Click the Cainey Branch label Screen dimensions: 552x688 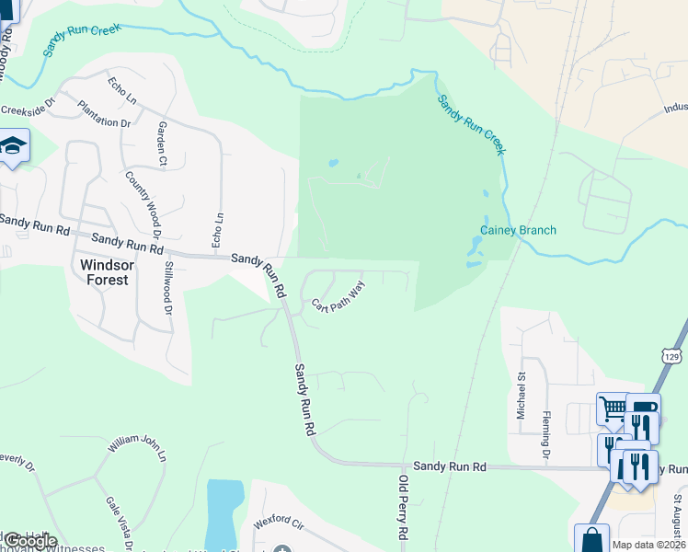(518, 230)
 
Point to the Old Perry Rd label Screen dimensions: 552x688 (402, 507)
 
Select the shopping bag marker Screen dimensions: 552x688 (591, 538)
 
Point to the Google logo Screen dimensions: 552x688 (29, 541)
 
